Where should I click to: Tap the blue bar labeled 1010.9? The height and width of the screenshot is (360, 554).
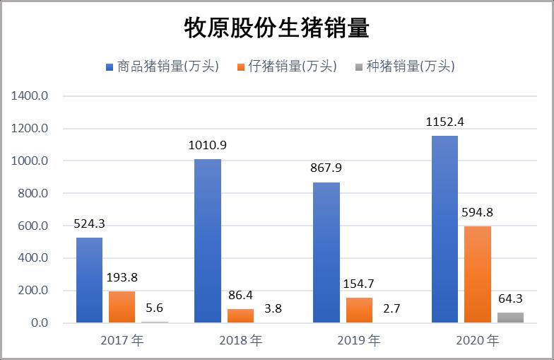coord(208,240)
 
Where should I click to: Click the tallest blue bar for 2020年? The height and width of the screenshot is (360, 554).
coord(445,229)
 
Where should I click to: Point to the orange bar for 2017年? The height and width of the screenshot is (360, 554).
coord(122,307)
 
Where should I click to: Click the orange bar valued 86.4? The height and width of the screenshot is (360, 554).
coord(240,315)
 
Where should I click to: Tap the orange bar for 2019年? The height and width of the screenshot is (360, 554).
coord(360,310)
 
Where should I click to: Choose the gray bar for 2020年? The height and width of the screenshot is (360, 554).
coord(511,318)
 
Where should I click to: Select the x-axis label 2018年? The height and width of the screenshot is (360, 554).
coord(241,340)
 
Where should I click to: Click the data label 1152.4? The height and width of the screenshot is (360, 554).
coord(445,122)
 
